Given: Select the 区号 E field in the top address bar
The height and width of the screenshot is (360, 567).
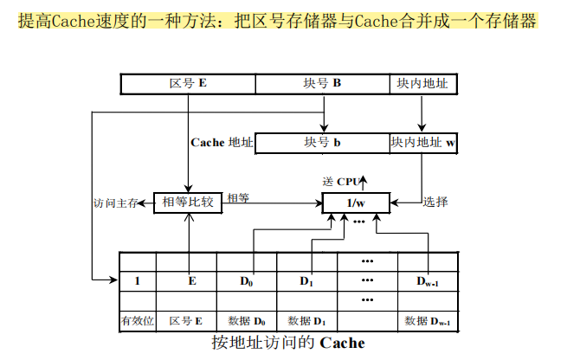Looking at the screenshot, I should point(188,84).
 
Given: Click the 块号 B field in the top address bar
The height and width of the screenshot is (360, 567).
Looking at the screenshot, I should point(324,84).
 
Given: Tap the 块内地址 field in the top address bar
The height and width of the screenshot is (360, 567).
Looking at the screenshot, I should point(422,84).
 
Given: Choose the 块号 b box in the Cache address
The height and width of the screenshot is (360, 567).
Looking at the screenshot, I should point(324,143).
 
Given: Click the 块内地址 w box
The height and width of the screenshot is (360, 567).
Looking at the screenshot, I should point(422,143).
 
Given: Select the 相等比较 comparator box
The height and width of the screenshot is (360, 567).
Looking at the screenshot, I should point(188,202).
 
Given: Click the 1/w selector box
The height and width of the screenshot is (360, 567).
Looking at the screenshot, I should point(356,203).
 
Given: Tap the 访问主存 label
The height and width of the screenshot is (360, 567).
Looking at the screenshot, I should point(115,203).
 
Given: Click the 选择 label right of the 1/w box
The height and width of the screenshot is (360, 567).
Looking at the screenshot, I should point(435,202).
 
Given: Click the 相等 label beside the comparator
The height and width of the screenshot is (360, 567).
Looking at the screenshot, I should point(238,198).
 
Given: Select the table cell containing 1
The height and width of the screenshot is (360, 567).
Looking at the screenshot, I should point(138,281).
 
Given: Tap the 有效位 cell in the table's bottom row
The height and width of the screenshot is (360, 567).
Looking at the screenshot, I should point(138,321).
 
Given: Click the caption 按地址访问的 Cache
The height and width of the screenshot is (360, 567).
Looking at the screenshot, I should point(288,343).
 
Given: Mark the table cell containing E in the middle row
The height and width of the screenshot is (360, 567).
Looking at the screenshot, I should point(191,281).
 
